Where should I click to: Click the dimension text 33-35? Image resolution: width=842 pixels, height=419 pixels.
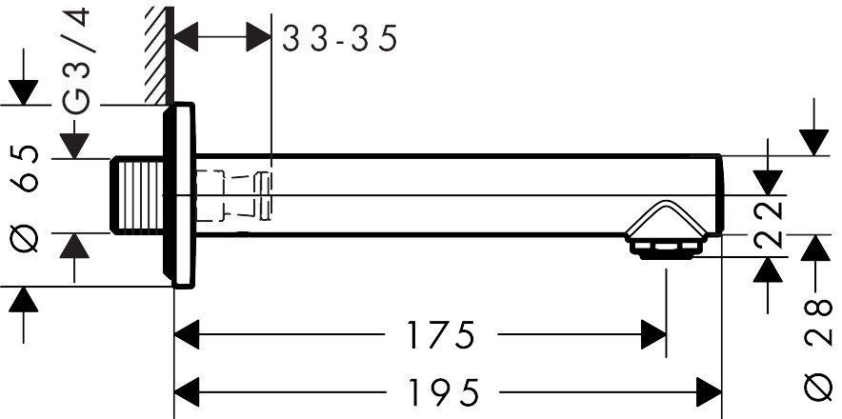tap(339, 39)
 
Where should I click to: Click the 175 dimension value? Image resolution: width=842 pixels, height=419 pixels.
tap(439, 335)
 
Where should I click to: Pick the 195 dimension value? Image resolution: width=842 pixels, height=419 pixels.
tap(439, 389)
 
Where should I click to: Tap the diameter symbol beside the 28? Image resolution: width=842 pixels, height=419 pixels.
tap(821, 386)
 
